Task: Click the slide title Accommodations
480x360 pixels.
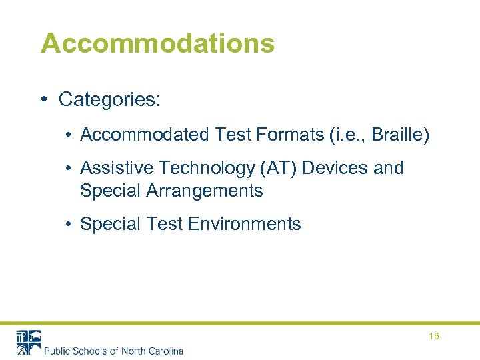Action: pos(157,43)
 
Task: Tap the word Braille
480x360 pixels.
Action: pos(398,135)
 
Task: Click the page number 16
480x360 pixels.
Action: pos(434,337)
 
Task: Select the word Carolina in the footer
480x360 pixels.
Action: pos(163,351)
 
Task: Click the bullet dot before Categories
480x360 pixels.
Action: pos(43,101)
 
